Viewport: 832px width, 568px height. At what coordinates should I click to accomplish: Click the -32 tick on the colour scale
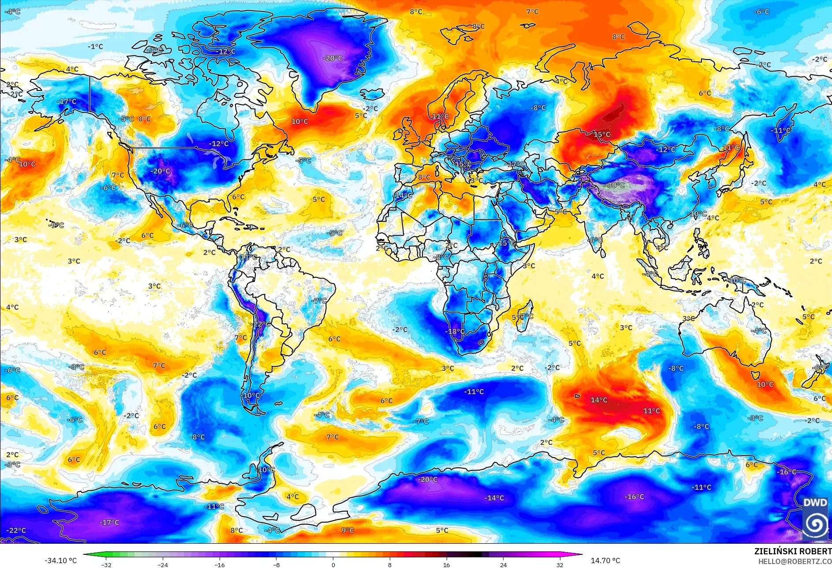click(x=106, y=564)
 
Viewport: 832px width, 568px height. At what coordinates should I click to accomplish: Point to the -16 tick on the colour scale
click(x=220, y=564)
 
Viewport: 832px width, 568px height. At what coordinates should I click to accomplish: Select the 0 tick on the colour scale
click(x=333, y=564)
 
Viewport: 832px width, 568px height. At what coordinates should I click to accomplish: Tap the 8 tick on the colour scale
click(x=390, y=564)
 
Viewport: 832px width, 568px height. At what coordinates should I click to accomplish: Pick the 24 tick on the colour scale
click(x=503, y=564)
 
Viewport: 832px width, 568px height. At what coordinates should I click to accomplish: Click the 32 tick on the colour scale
click(x=560, y=564)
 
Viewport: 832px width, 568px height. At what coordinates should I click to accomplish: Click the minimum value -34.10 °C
click(x=60, y=560)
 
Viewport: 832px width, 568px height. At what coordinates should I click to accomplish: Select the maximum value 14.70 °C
click(x=605, y=560)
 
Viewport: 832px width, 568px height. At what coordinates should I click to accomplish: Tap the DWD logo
click(x=815, y=519)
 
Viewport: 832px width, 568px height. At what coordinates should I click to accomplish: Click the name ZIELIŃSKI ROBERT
click(x=792, y=551)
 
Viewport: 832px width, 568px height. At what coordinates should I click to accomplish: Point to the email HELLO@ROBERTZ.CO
click(x=795, y=561)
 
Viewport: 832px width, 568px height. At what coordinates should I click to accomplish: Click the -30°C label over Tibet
click(x=616, y=185)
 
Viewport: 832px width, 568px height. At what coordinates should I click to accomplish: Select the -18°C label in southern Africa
click(x=455, y=331)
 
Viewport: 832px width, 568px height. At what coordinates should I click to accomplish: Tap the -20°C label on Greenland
click(x=332, y=58)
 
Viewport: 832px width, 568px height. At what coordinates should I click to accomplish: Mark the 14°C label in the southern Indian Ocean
click(x=599, y=400)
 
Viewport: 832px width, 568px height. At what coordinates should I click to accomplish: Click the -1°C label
click(x=95, y=46)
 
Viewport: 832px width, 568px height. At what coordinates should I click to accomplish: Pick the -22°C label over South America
click(x=261, y=324)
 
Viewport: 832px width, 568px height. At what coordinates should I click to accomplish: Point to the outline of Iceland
click(x=373, y=94)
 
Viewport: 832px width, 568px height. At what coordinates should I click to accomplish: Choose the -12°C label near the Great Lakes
click(x=219, y=143)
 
